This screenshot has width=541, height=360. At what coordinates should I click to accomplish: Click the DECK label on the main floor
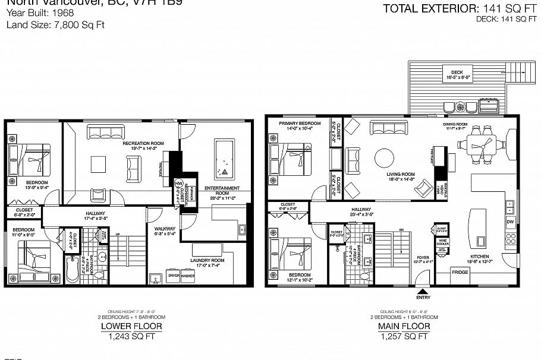457,72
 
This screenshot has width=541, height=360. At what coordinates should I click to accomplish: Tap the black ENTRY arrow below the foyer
423,291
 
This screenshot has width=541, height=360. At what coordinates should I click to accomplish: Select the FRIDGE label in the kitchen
460,272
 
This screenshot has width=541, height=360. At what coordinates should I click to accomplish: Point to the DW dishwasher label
510,222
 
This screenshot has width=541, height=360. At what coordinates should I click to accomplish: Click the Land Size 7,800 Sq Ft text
47,25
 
